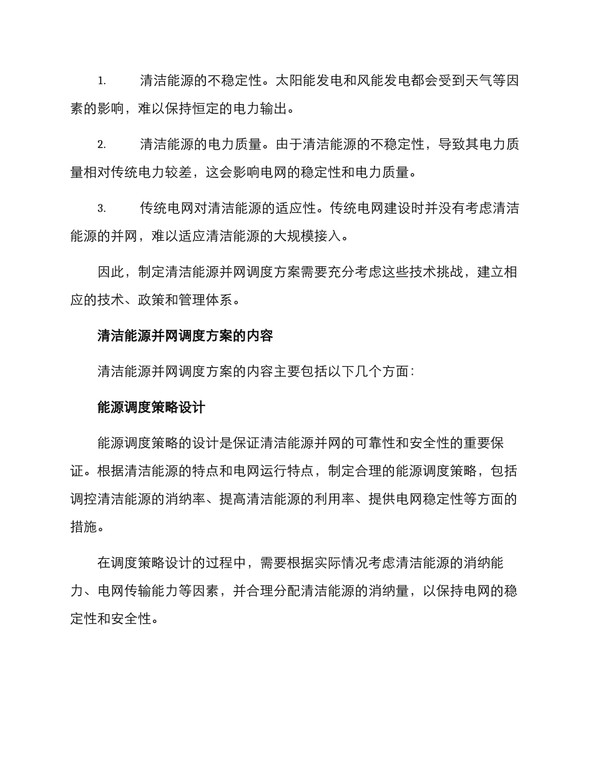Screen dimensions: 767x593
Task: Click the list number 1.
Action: click(x=102, y=81)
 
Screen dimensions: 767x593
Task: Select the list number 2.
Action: click(x=102, y=145)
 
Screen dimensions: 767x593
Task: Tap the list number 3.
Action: click(x=102, y=209)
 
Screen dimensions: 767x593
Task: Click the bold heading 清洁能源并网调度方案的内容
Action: click(x=185, y=336)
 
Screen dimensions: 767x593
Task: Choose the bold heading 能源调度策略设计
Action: click(x=152, y=408)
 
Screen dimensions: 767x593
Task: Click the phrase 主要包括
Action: click(x=275, y=372)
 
